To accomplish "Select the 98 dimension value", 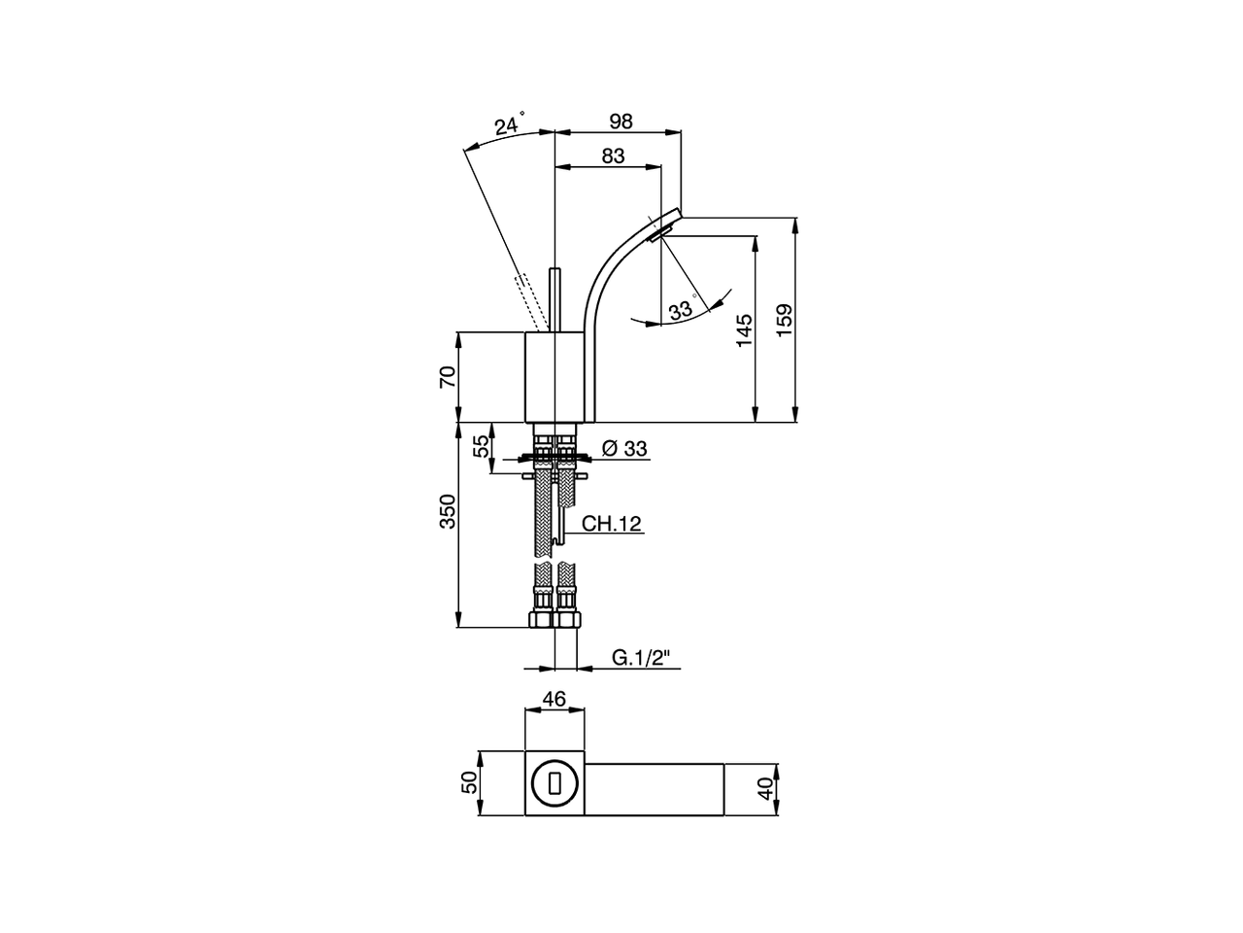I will (x=621, y=121).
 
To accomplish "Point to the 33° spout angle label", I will (x=682, y=310).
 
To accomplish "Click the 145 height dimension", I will (x=744, y=329).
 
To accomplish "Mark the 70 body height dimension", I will (x=448, y=377).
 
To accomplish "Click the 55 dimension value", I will (x=481, y=447).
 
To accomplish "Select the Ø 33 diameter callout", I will (x=624, y=448).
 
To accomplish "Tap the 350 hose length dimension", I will (x=448, y=511).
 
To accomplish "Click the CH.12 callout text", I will (x=612, y=524).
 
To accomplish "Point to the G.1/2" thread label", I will (x=642, y=658).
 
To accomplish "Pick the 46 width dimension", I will (x=554, y=699).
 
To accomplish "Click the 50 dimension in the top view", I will (x=470, y=783).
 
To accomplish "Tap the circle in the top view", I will (x=554, y=783).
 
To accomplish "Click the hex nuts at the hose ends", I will (x=554, y=618).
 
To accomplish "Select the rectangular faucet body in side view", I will (x=554, y=378).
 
